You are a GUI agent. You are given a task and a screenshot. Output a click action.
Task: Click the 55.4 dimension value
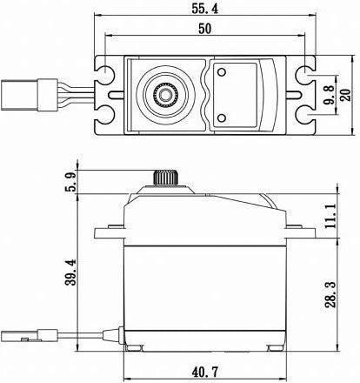(x=204, y=9)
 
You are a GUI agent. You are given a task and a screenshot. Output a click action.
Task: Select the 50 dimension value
(x=205, y=29)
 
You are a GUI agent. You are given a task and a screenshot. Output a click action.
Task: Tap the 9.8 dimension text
(x=330, y=95)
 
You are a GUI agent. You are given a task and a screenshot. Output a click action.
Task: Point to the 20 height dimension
(x=345, y=95)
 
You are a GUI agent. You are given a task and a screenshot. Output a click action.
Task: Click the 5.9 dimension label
(x=70, y=181)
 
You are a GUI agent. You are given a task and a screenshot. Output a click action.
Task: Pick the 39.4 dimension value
(x=70, y=272)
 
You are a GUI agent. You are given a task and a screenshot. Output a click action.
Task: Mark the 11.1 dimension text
(x=330, y=216)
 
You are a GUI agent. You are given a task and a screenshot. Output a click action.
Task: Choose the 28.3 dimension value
(x=330, y=294)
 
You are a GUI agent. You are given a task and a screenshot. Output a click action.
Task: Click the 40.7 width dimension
(x=205, y=372)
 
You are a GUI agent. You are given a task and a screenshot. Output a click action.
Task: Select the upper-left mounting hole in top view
(x=104, y=73)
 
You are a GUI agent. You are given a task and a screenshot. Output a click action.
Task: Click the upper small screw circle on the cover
(x=222, y=72)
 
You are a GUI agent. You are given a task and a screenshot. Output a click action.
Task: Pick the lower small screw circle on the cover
(x=222, y=118)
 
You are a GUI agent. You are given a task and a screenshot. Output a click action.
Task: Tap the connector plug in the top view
(x=29, y=95)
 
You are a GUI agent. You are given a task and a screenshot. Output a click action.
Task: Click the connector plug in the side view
(x=29, y=335)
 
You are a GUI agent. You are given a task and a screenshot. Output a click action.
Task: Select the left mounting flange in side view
(x=110, y=232)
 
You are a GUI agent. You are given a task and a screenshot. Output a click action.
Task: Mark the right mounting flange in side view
(x=301, y=232)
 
